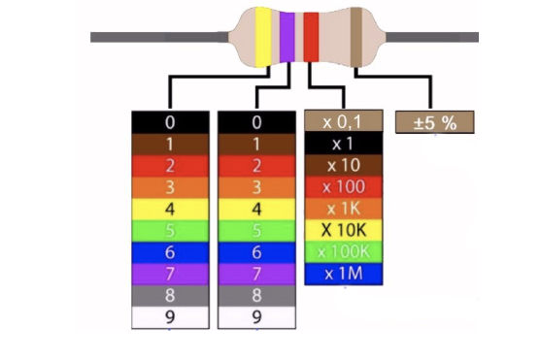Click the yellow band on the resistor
pyautogui.click(x=263, y=37)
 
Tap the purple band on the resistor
pyautogui.click(x=287, y=37)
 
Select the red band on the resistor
pyautogui.click(x=311, y=37)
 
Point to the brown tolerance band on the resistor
pyautogui.click(x=356, y=37)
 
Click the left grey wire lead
pyautogui.click(x=159, y=37)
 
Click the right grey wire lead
pyautogui.click(x=432, y=37)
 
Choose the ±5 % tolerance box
pyautogui.click(x=434, y=122)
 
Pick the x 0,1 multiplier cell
pyautogui.click(x=344, y=120)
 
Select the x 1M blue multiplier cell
pyautogui.click(x=344, y=274)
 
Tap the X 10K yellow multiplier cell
pyautogui.click(x=344, y=230)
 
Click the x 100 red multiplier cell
pyautogui.click(x=344, y=187)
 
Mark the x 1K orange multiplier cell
pyautogui.click(x=344, y=209)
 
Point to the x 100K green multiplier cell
pyautogui.click(x=344, y=252)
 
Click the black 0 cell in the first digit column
pyautogui.click(x=170, y=122)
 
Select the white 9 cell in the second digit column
pyautogui.click(x=257, y=317)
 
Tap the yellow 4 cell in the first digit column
pyautogui.click(x=170, y=209)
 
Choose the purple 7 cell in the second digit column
pyautogui.click(x=257, y=274)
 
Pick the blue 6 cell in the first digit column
pyautogui.click(x=170, y=252)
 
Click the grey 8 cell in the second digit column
pyautogui.click(x=257, y=296)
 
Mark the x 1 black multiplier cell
pyautogui.click(x=344, y=144)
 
